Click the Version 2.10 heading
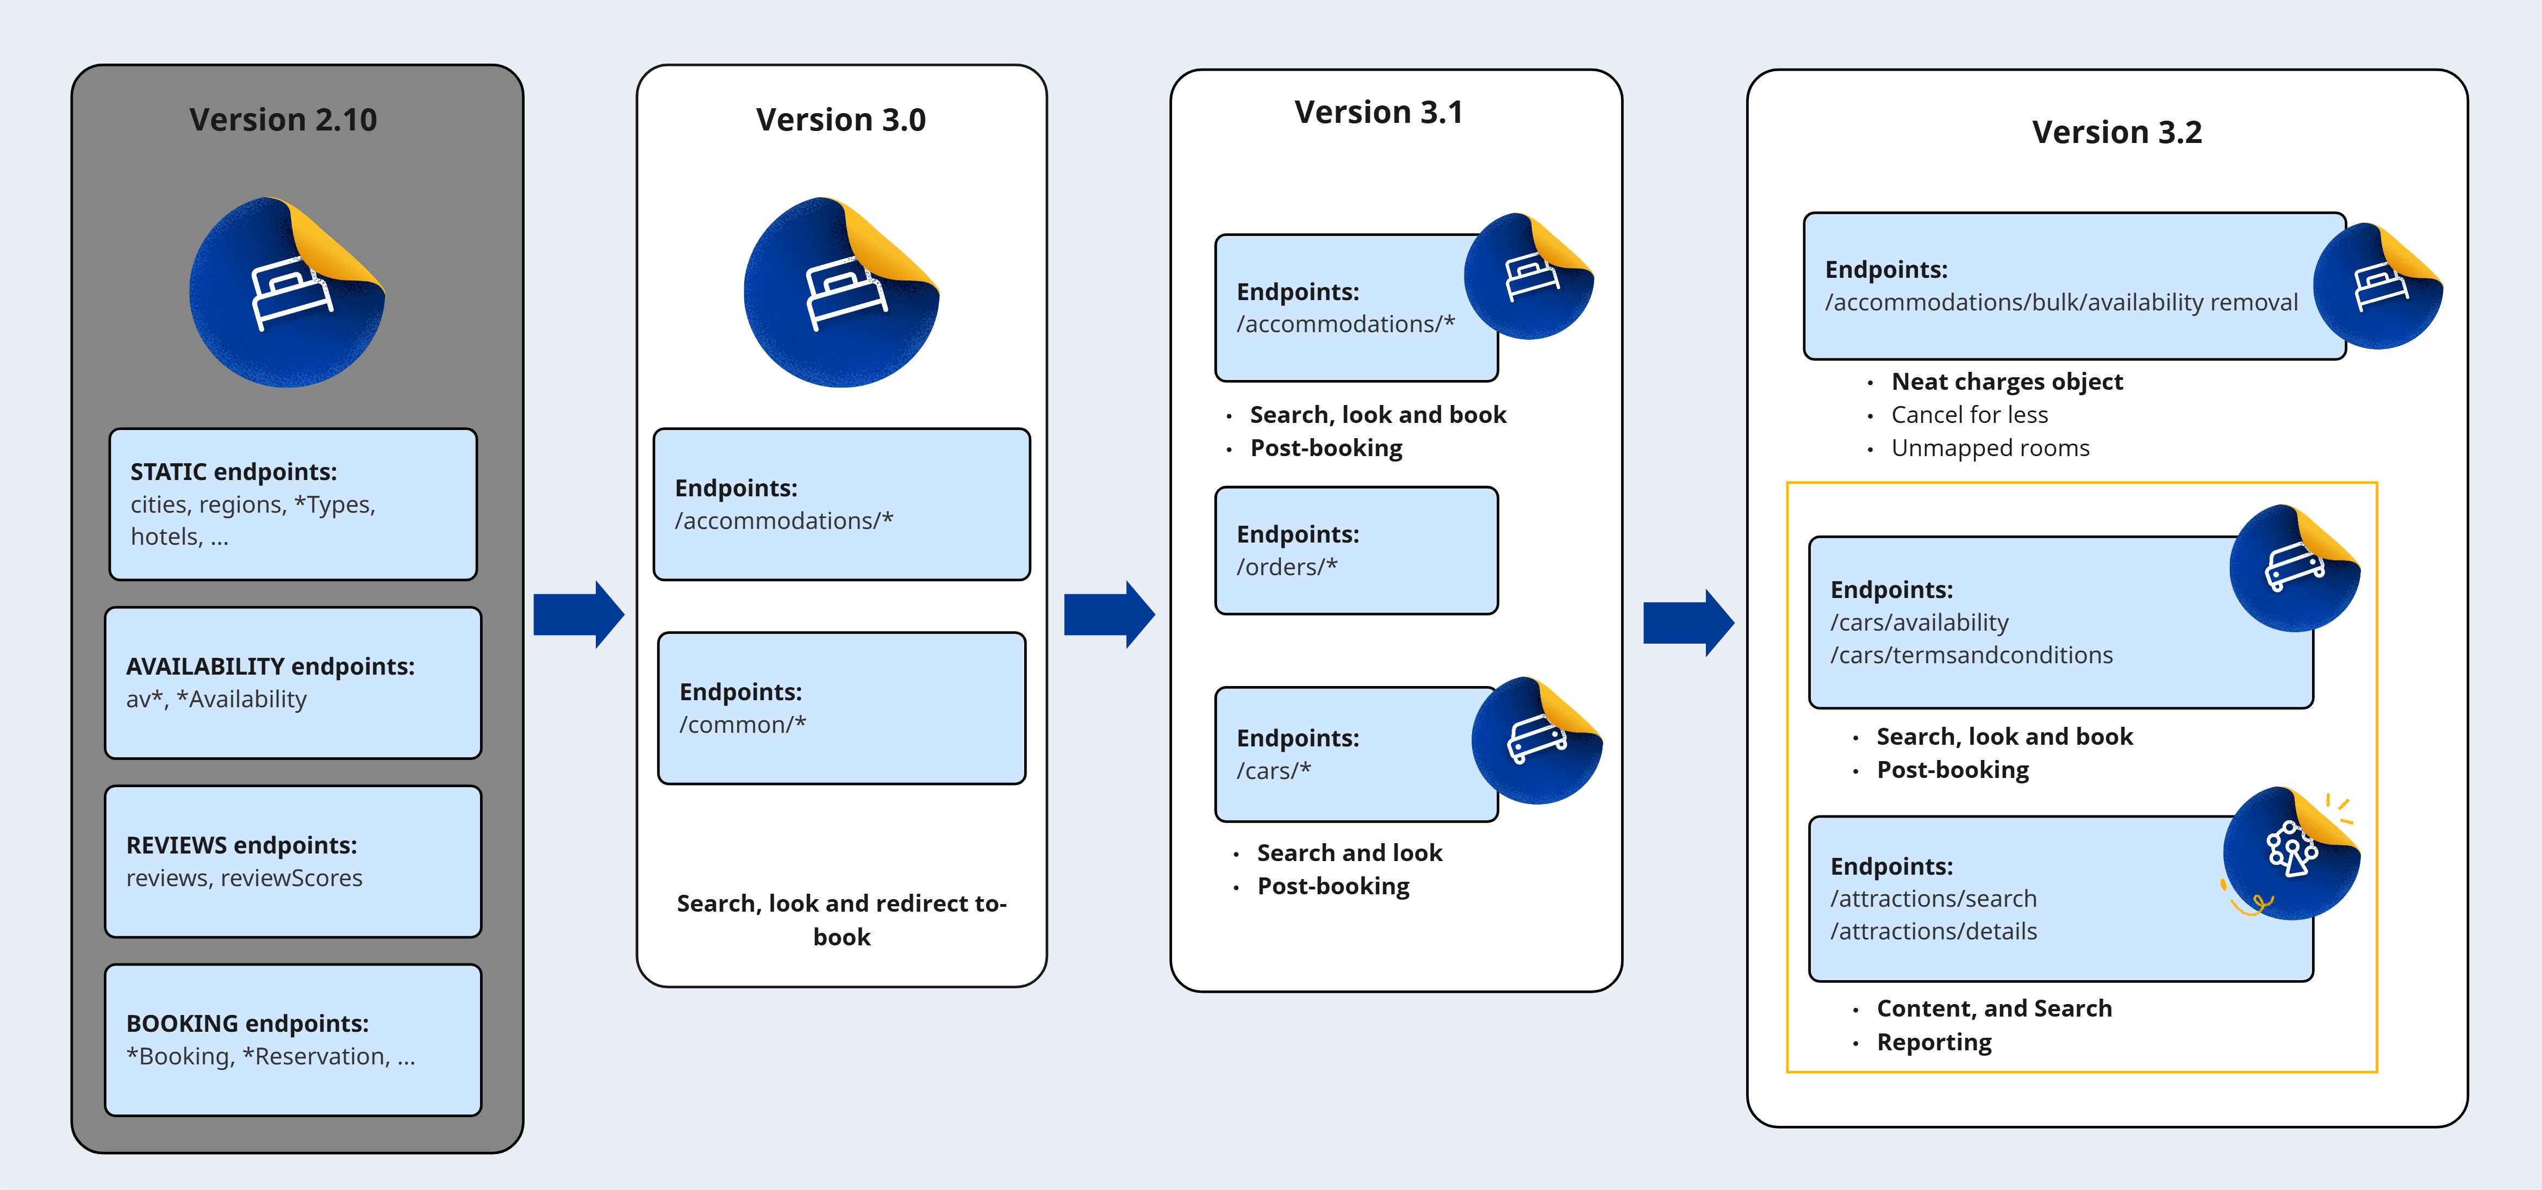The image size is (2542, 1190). coord(283,120)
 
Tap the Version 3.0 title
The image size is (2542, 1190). coord(841,120)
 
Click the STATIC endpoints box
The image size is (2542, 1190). coord(293,504)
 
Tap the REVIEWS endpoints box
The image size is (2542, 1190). coord(293,862)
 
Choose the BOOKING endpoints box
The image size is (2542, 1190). coord(293,1040)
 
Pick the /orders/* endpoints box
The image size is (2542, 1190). coord(1356,551)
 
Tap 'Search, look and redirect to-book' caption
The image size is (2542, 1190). coord(841,920)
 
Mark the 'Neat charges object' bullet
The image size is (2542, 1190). coord(2006,382)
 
